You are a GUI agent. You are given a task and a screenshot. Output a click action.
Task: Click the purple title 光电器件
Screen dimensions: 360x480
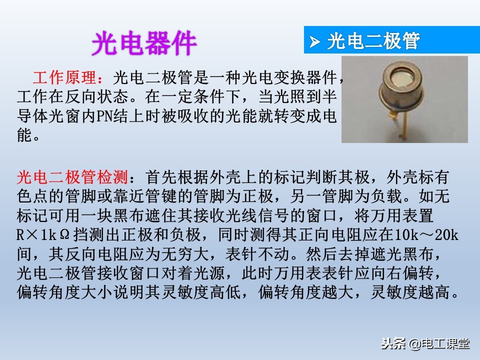pyautogui.click(x=144, y=44)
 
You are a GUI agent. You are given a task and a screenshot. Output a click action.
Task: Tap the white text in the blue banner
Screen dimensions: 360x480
pyautogui.click(x=373, y=41)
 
